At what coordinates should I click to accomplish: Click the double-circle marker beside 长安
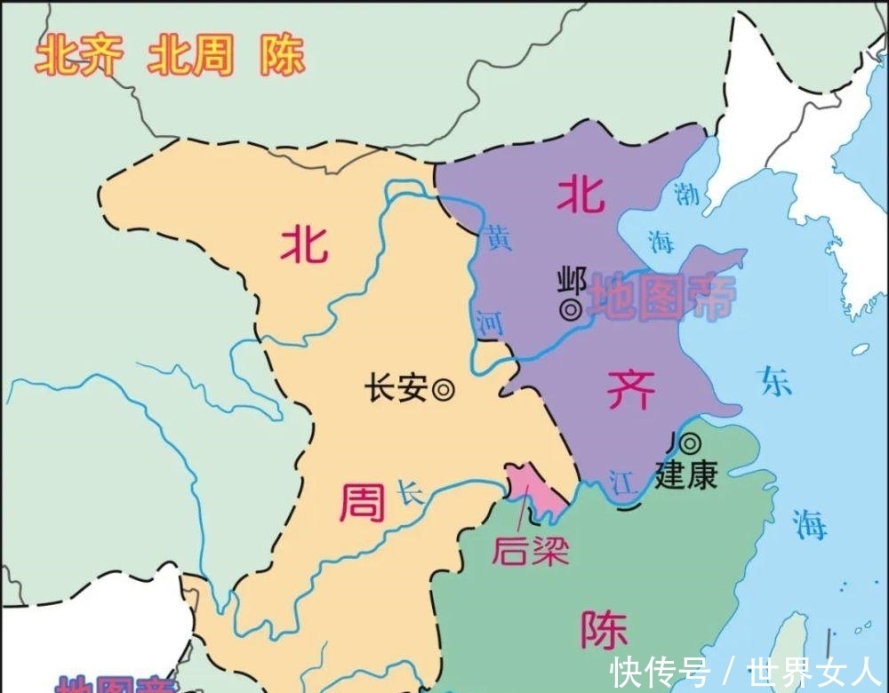click(443, 388)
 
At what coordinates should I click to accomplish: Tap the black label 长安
click(396, 388)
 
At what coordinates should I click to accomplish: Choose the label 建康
click(685, 475)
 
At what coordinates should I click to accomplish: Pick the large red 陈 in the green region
click(604, 630)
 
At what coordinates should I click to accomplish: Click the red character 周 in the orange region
click(363, 505)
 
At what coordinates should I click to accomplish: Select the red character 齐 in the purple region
click(631, 387)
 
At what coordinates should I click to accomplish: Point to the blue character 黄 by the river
click(500, 239)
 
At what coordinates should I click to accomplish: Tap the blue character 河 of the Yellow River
click(488, 323)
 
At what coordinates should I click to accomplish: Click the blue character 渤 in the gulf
click(685, 193)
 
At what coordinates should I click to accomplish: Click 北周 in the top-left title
click(190, 57)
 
